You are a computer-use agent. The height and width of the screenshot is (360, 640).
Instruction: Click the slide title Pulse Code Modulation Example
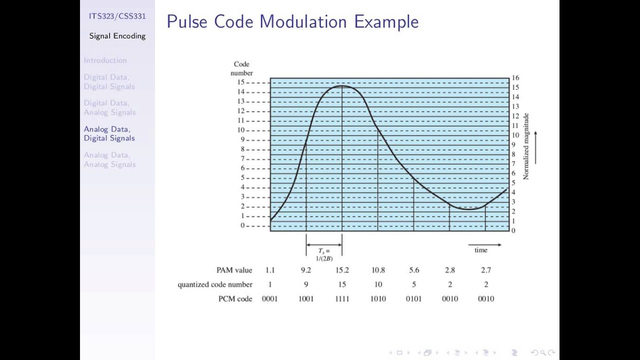(292, 22)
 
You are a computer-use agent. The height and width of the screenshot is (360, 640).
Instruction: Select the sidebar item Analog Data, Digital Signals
(109, 133)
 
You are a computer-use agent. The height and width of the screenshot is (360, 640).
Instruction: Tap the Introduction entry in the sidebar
(105, 60)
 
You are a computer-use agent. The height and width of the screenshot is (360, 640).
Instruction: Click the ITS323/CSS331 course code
(117, 16)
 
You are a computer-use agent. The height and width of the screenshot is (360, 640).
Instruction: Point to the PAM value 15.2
(342, 270)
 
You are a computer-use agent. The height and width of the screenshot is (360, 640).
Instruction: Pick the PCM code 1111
(342, 298)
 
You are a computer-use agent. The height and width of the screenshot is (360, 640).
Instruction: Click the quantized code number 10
(378, 284)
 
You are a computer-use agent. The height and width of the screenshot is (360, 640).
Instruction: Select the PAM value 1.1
(270, 270)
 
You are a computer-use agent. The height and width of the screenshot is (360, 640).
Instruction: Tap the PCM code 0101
(413, 298)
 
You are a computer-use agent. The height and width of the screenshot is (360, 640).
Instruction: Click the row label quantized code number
(215, 284)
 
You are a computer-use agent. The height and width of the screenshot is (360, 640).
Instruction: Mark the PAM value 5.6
(414, 270)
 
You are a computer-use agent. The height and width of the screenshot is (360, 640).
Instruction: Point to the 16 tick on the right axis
(515, 78)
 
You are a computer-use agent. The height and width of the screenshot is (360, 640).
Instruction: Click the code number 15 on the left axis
(241, 82)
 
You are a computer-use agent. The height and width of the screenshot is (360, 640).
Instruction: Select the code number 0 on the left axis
(242, 225)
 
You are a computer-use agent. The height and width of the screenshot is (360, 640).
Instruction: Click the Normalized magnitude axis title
(525, 146)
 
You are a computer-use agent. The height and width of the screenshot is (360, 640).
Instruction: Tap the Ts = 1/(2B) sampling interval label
(324, 254)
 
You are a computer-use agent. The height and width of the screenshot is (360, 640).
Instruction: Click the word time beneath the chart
(480, 250)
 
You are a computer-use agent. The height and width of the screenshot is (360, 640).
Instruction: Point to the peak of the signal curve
(342, 86)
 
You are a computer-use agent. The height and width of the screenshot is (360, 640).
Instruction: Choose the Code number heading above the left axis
(241, 68)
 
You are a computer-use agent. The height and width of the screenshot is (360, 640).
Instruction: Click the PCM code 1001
(306, 298)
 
